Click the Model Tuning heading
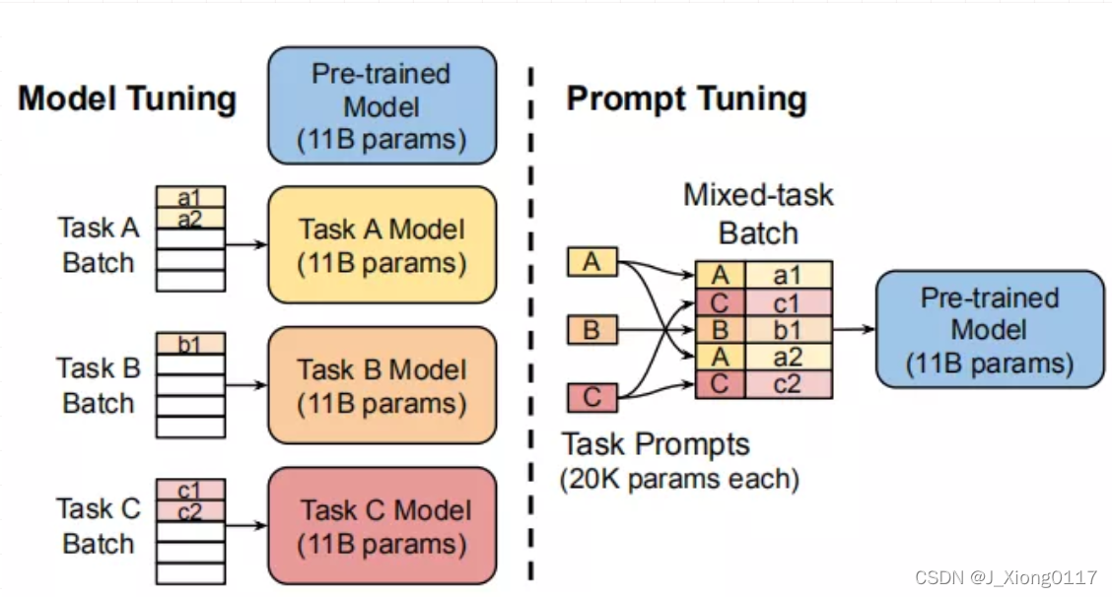click(x=127, y=99)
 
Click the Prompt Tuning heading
click(x=686, y=99)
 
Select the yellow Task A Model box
click(x=381, y=245)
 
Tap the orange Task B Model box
click(x=381, y=385)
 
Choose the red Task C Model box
click(x=381, y=526)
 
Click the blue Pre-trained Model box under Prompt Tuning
click(x=989, y=330)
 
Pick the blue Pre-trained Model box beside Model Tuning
click(x=381, y=105)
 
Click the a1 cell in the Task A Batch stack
click(x=190, y=197)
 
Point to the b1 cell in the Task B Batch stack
click(x=190, y=344)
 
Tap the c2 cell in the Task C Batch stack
click(x=190, y=510)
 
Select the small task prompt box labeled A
click(x=591, y=262)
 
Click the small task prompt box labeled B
click(x=591, y=329)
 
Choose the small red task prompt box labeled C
click(x=591, y=398)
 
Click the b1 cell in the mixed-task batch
click(x=788, y=329)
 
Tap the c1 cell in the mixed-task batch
click(x=788, y=301)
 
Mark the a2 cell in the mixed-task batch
click(x=788, y=357)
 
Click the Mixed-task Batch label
click(x=758, y=213)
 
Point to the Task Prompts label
click(x=656, y=444)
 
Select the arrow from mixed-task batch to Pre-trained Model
click(x=854, y=329)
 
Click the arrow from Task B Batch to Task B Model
click(x=246, y=384)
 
